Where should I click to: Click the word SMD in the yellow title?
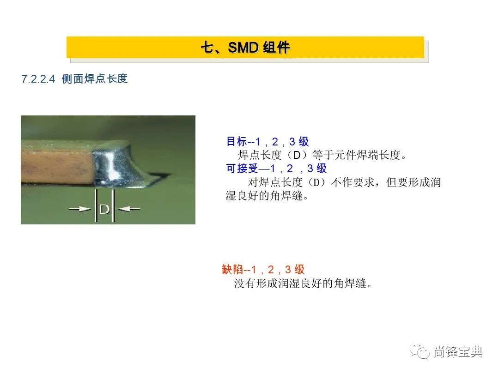[x=243, y=48]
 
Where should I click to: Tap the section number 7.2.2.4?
[x=38, y=79]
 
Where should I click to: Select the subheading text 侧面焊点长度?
[x=95, y=78]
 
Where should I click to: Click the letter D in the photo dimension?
[x=104, y=209]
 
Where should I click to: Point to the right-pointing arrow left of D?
[x=79, y=209]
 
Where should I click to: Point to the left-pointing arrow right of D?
[x=129, y=209]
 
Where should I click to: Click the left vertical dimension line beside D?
[x=96, y=205]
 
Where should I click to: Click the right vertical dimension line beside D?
[x=114, y=205]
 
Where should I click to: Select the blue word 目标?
[x=237, y=141]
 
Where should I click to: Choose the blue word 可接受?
[x=242, y=168]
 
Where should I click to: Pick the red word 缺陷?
[x=232, y=269]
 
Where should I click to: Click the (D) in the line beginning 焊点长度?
[x=297, y=155]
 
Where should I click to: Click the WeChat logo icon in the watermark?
[x=420, y=351]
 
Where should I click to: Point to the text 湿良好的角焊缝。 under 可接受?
[x=268, y=196]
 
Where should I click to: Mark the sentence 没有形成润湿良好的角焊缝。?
[x=303, y=283]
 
